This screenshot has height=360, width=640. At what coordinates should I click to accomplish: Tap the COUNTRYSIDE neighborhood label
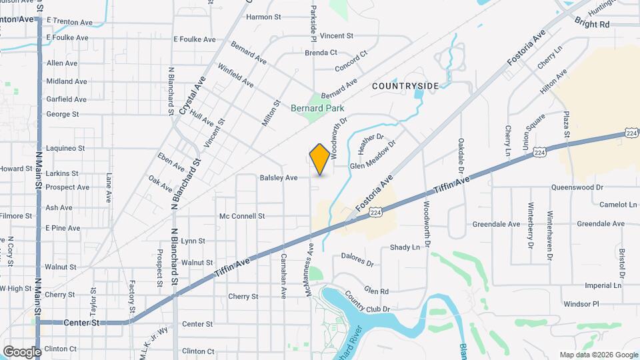pos(405,86)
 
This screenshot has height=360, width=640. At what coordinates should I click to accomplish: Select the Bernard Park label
pos(316,108)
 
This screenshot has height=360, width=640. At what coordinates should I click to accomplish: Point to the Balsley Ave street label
pos(279,178)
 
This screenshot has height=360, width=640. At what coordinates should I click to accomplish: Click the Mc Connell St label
pos(242,216)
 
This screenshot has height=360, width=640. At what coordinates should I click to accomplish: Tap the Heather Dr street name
pos(371,143)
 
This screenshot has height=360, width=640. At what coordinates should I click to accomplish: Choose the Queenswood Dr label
pos(577,188)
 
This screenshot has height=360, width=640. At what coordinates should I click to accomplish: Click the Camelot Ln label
pos(601,205)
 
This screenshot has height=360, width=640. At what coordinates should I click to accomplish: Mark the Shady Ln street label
pos(405,247)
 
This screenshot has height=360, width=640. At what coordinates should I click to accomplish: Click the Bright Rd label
pos(595,24)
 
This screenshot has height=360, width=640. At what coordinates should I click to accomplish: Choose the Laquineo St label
pos(65,148)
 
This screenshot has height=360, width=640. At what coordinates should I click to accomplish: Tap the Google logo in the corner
pos(22,351)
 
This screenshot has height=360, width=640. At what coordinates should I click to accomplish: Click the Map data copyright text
pos(599,355)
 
